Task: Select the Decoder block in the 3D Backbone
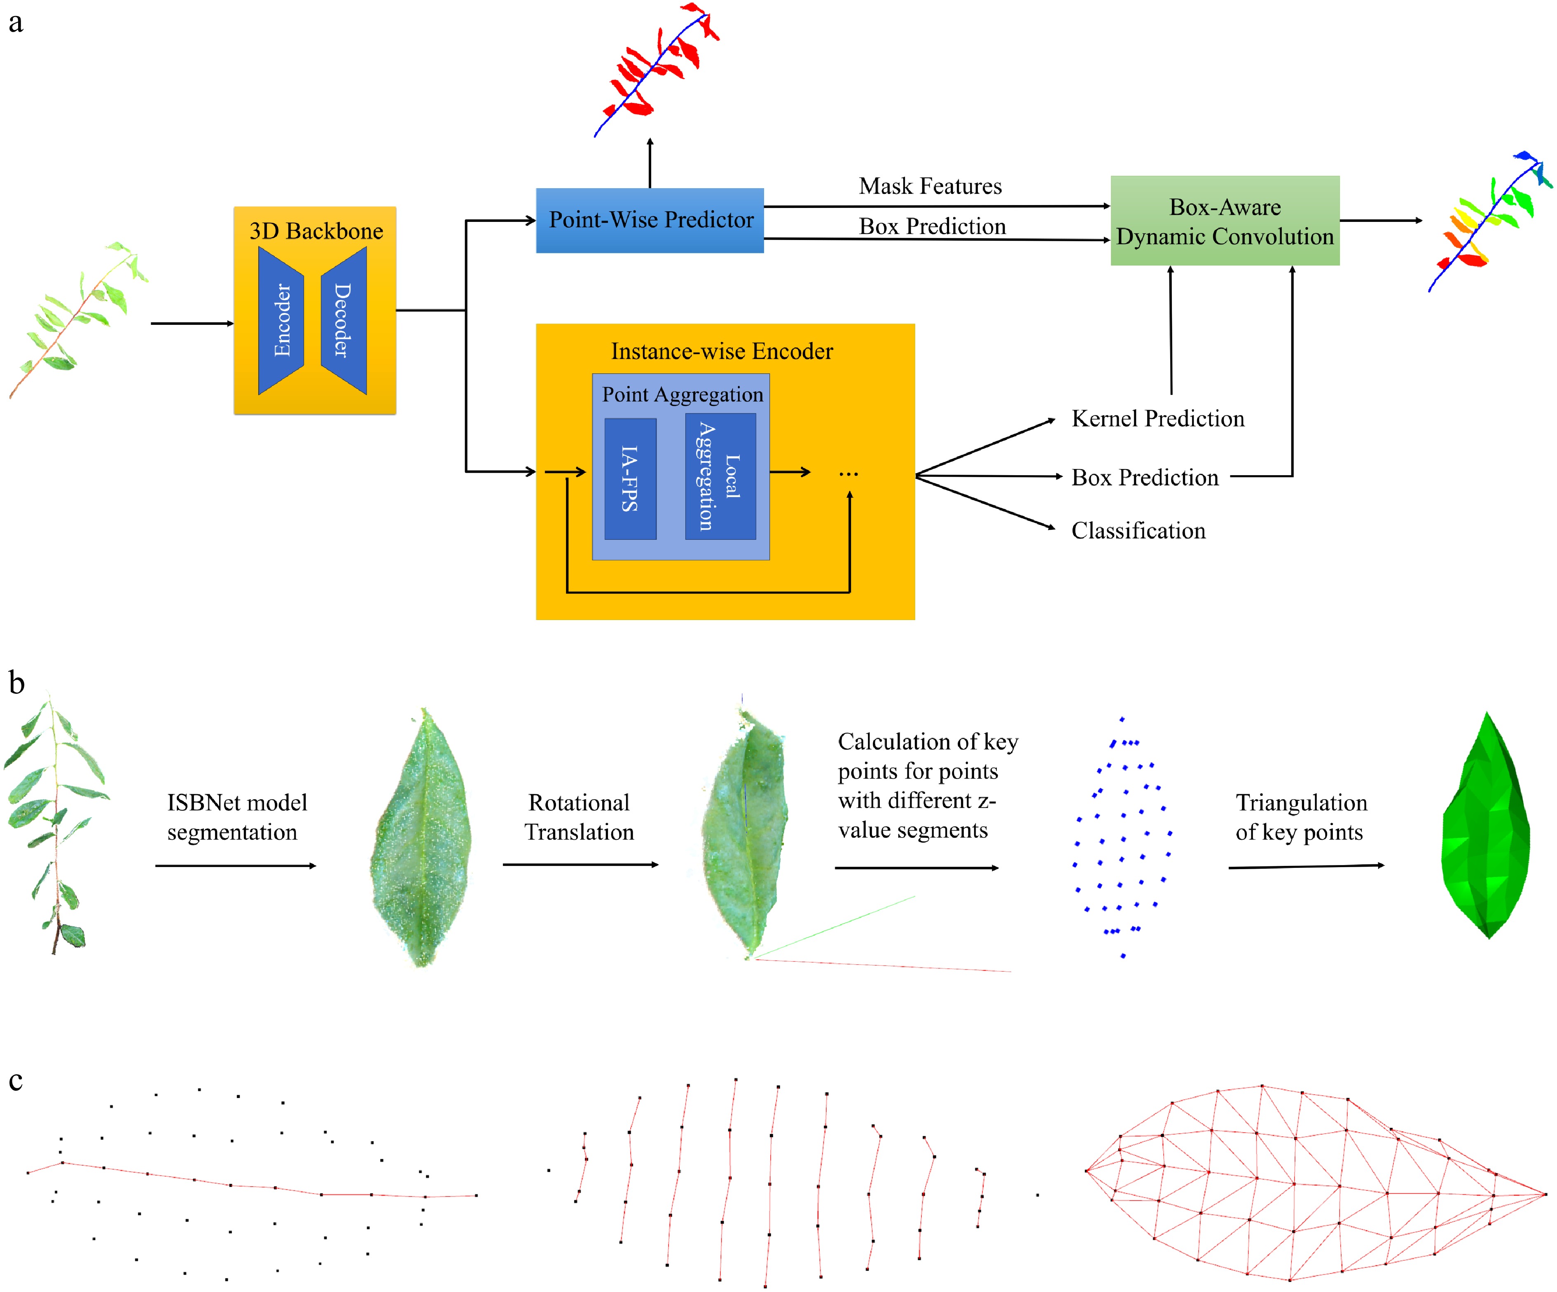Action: tap(343, 320)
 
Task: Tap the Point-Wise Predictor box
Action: tap(650, 220)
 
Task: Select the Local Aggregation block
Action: tap(720, 476)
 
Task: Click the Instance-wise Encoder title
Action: tap(721, 351)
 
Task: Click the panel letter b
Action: tap(16, 683)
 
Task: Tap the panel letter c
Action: tap(16, 1081)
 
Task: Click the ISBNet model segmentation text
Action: tap(236, 817)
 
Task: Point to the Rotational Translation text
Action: tap(579, 817)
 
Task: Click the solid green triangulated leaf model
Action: tap(1486, 826)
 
